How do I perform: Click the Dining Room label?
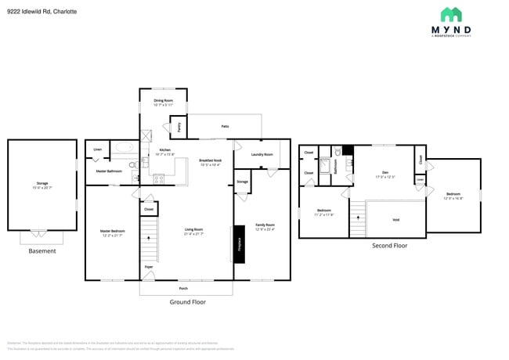[x=164, y=100]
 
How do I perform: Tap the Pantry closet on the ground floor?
[x=178, y=125]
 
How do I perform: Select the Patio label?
[x=225, y=125]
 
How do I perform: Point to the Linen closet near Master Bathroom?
[x=98, y=149]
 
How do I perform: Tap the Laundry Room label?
[x=262, y=154]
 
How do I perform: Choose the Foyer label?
[x=149, y=266]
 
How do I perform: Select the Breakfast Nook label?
[x=210, y=161]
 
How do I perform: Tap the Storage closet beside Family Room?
[x=242, y=182]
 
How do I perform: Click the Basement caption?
[x=42, y=251]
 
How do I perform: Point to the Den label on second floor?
[x=384, y=173]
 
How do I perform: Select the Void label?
[x=395, y=219]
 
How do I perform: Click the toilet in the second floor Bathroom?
[x=338, y=153]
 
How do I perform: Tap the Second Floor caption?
[x=389, y=246]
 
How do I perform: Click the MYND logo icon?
[x=450, y=14]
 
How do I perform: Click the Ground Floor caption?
[x=187, y=301]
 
